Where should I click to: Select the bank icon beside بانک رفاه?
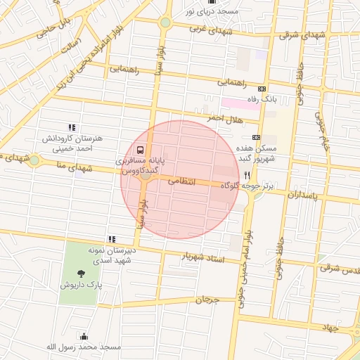pos(262,89)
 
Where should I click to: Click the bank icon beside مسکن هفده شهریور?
pos(255,137)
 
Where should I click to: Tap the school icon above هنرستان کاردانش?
pos(71,127)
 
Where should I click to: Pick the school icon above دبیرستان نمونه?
pos(110,240)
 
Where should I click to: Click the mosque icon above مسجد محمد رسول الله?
pos(84,336)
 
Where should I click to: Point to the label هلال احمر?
pos(224,120)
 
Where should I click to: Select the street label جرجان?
pos(208,300)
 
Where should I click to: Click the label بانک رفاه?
pos(261,100)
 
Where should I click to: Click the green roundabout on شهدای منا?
pos(34,160)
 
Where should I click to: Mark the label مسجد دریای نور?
pos(212,12)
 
